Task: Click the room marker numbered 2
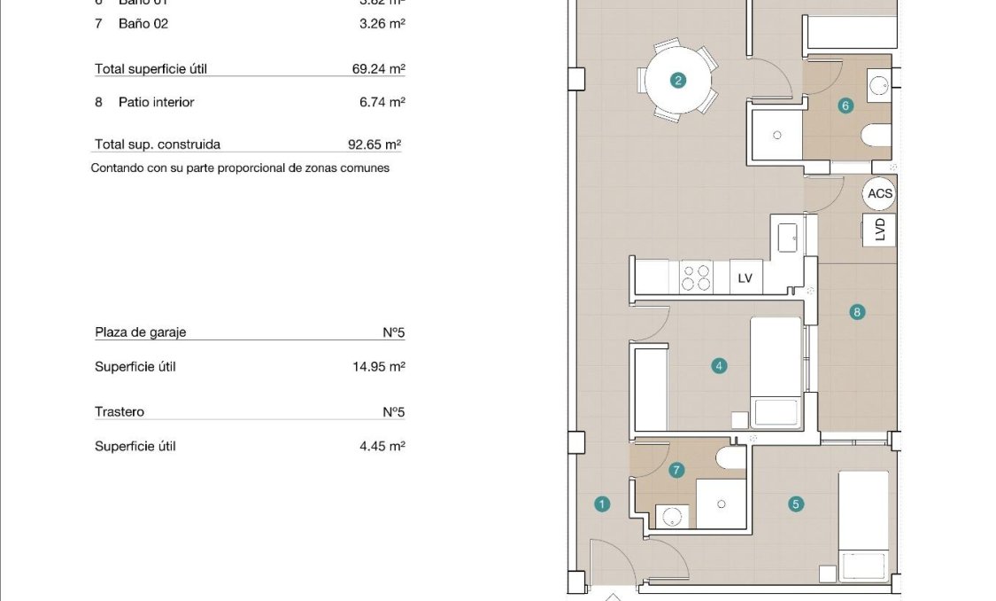[x=678, y=81]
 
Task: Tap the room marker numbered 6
[x=845, y=106]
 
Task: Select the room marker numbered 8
[x=856, y=312]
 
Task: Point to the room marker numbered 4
[x=719, y=365]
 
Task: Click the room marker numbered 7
[x=677, y=470]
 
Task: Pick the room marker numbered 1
[x=602, y=504]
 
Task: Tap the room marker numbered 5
[x=795, y=504]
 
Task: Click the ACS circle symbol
[x=880, y=194]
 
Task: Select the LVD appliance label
[x=879, y=230]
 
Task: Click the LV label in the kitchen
[x=745, y=278]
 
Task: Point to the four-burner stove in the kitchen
[x=695, y=277]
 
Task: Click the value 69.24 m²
[x=378, y=69]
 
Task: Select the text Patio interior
[x=156, y=102]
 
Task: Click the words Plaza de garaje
[x=141, y=332]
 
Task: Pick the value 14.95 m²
[x=378, y=366]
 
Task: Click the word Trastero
[x=120, y=412]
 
